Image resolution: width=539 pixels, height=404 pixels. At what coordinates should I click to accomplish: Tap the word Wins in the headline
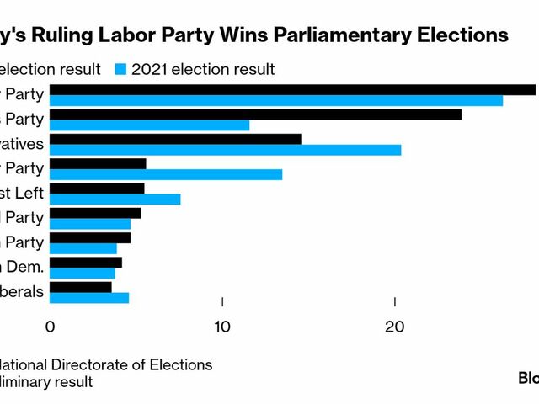point(229,35)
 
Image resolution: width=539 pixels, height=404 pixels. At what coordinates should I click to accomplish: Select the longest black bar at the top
point(293,90)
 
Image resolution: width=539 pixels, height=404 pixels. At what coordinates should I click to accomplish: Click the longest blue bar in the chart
point(276,101)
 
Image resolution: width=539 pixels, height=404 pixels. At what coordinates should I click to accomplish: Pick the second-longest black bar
point(256,114)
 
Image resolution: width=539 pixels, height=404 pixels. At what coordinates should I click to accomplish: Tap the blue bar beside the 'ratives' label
point(226,150)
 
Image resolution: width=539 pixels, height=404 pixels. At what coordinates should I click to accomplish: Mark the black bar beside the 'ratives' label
point(175,139)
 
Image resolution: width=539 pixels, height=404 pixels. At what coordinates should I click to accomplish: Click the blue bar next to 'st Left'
point(115,199)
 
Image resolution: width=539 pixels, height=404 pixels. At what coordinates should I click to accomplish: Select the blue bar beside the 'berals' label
point(89,298)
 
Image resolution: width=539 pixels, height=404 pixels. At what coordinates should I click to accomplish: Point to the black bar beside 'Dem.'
point(86,262)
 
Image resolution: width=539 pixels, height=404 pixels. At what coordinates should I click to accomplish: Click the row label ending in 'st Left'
point(22,193)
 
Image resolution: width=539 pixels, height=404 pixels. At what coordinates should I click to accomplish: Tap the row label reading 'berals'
point(22,291)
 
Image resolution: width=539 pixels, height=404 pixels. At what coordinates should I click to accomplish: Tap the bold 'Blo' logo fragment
point(528,378)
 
